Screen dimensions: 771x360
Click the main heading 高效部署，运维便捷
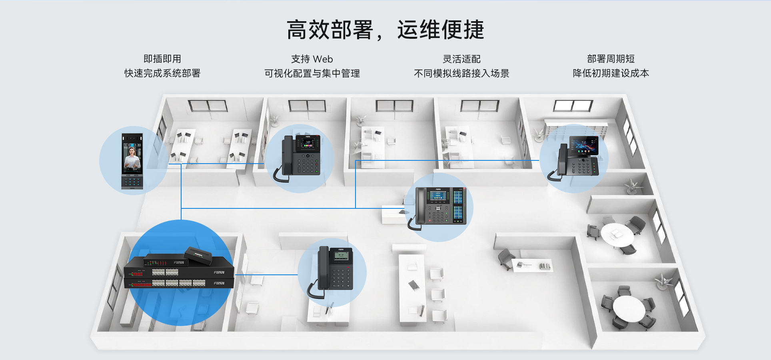385,30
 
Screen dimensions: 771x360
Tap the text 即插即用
162,59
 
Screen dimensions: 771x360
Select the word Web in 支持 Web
323,59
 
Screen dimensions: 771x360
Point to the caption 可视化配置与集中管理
312,73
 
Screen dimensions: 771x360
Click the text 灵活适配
461,59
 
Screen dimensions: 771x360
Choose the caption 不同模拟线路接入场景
461,73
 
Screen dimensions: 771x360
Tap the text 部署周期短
611,59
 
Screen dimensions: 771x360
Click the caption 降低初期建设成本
611,73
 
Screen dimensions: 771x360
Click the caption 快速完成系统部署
162,73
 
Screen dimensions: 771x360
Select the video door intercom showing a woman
132,161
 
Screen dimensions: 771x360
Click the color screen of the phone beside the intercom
308,144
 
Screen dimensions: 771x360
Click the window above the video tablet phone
573,106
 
